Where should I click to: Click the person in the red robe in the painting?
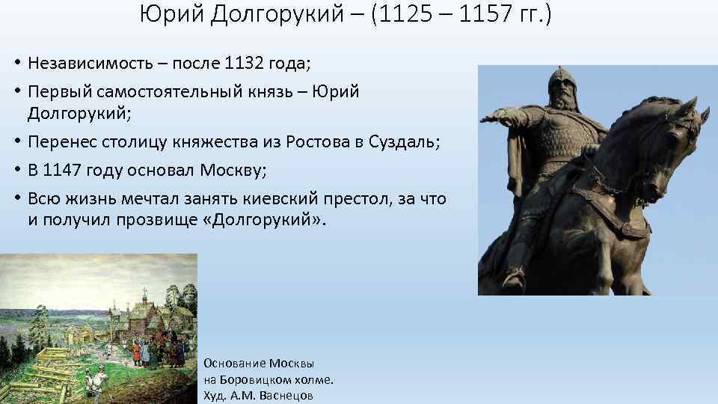coord(136,351)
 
